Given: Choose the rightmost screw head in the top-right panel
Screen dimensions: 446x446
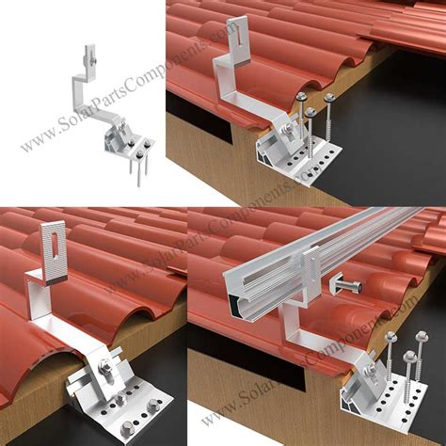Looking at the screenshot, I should [x=329, y=97].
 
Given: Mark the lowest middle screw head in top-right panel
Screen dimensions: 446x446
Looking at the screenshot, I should [x=311, y=113].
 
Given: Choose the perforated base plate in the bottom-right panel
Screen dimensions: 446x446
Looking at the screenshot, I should [x=386, y=414].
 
